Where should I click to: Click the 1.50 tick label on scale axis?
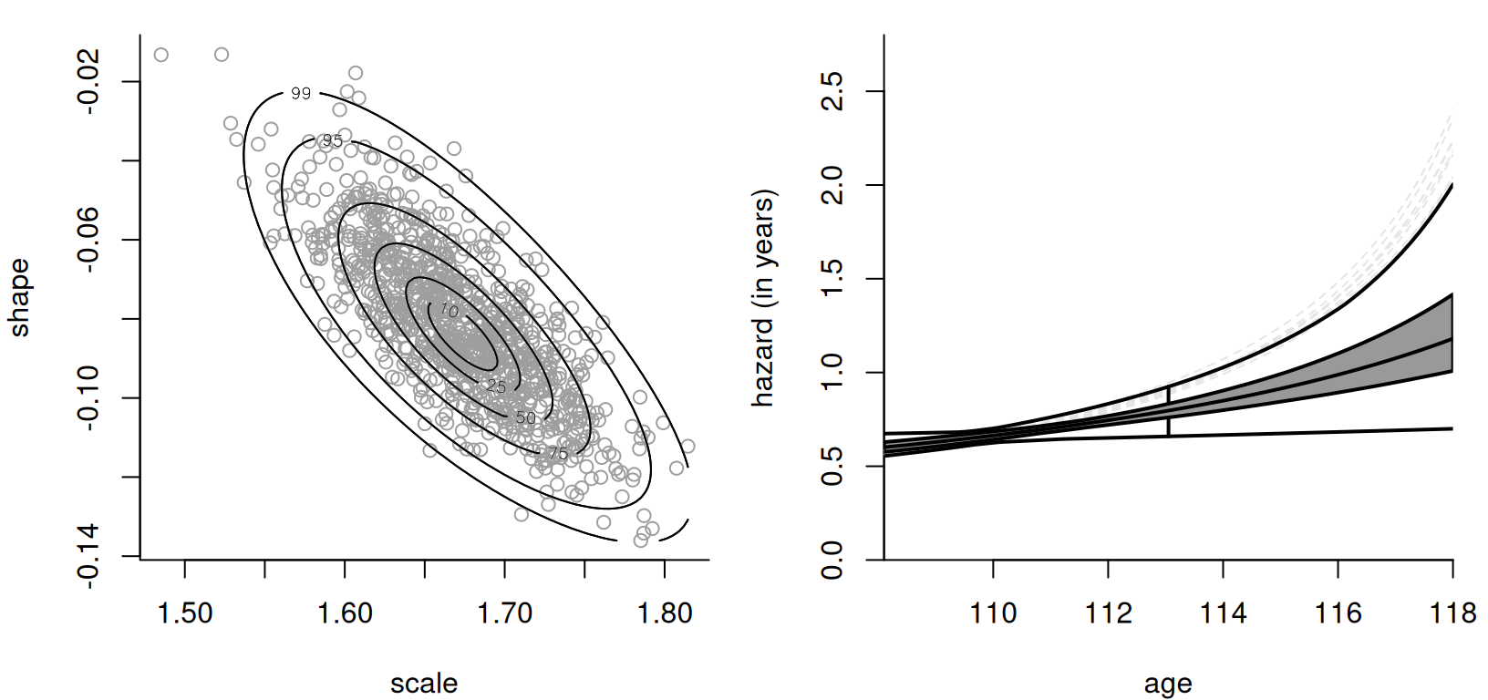(x=185, y=612)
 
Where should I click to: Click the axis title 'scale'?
(x=424, y=683)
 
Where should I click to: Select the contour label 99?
(x=300, y=93)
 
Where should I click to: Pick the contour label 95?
(x=333, y=140)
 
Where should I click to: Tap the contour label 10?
(x=449, y=311)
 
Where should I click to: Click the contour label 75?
(x=558, y=453)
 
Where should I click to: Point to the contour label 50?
(x=526, y=418)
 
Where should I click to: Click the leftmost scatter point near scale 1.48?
(x=161, y=55)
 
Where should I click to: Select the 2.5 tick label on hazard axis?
(x=832, y=91)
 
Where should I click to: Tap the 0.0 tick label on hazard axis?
(x=832, y=558)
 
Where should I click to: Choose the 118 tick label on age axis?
(x=1452, y=612)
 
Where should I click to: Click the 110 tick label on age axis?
(x=993, y=612)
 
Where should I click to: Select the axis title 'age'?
(x=1167, y=683)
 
